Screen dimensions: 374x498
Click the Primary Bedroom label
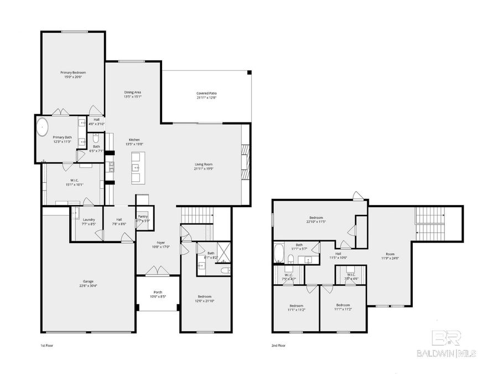pos(73,73)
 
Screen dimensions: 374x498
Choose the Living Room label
pos(204,164)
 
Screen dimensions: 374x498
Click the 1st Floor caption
pos(47,345)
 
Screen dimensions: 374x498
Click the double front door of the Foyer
pos(158,271)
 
